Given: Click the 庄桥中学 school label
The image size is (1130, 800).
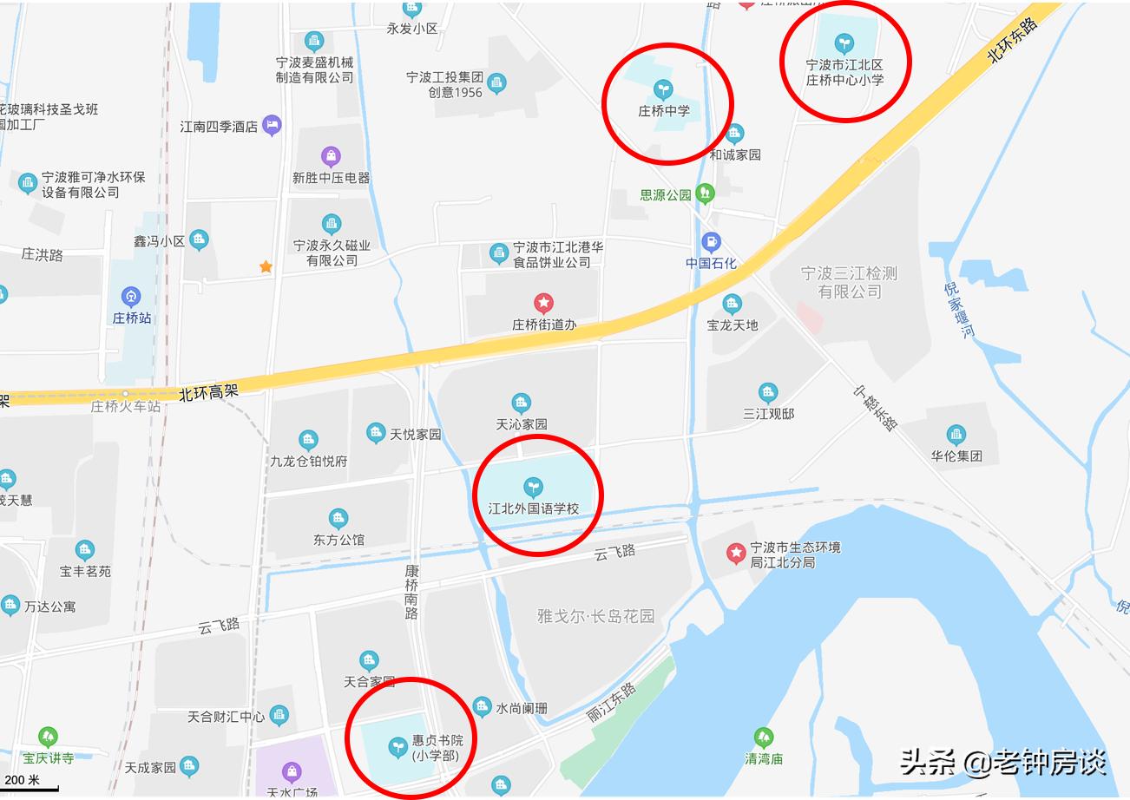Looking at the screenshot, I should (x=663, y=111).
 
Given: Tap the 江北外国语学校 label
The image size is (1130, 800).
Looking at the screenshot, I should (x=533, y=508).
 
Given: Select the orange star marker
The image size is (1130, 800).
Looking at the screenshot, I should (x=266, y=267).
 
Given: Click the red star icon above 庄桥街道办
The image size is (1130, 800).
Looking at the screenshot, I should (x=543, y=303).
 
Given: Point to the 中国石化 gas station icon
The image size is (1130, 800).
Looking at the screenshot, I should (x=711, y=242).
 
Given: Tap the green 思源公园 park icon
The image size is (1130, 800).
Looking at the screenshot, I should (x=706, y=193).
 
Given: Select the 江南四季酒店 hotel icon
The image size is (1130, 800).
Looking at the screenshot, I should (x=272, y=125).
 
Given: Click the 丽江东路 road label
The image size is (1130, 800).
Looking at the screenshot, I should (x=612, y=702).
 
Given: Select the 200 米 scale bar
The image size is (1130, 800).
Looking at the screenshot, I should (x=30, y=784).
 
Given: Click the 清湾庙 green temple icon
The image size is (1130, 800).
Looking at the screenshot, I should (x=764, y=738).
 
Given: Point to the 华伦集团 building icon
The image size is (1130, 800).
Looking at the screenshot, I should (x=956, y=435).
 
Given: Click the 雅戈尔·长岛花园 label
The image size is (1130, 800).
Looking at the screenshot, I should (x=595, y=617).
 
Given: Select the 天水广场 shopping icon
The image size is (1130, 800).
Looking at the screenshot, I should (x=293, y=771).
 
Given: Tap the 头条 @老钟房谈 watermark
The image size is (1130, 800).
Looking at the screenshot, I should (x=1002, y=763).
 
